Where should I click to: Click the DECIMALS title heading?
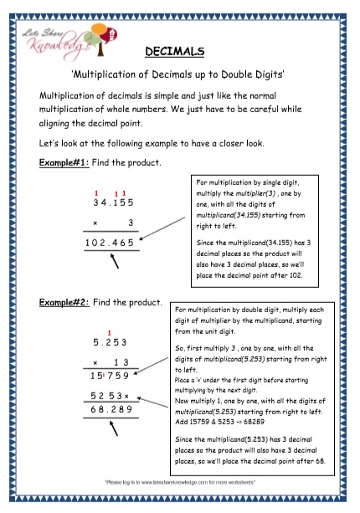tap(181, 53)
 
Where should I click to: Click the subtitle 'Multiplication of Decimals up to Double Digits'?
tap(180, 74)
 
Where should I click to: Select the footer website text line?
tap(180, 483)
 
